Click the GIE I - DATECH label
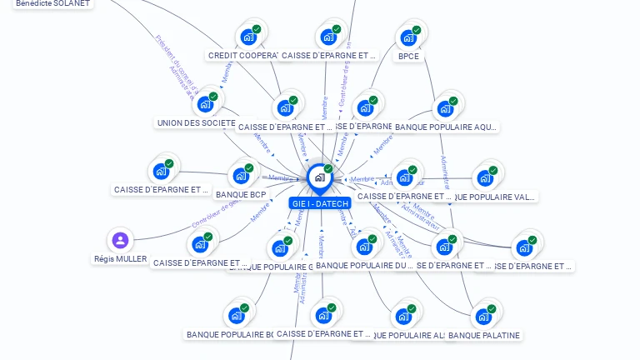coord(320,203)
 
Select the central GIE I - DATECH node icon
coord(319,177)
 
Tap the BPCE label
coord(408,57)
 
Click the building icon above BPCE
coord(407,37)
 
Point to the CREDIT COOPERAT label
coord(242,56)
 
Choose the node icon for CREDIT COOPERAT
coord(248,37)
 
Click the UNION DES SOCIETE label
coord(197,123)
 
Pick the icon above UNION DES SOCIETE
coord(205,104)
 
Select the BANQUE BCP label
coord(241,195)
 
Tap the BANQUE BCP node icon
coord(241,176)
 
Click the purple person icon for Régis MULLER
coord(120,241)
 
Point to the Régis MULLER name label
coord(120,259)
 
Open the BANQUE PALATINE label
coord(483,336)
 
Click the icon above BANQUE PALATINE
coord(483,317)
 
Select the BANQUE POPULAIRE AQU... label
coord(446,127)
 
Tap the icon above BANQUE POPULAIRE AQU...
coord(446,108)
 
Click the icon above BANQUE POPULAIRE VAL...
coord(484,178)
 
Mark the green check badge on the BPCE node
coord(417,30)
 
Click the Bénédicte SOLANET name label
coord(52,3)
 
